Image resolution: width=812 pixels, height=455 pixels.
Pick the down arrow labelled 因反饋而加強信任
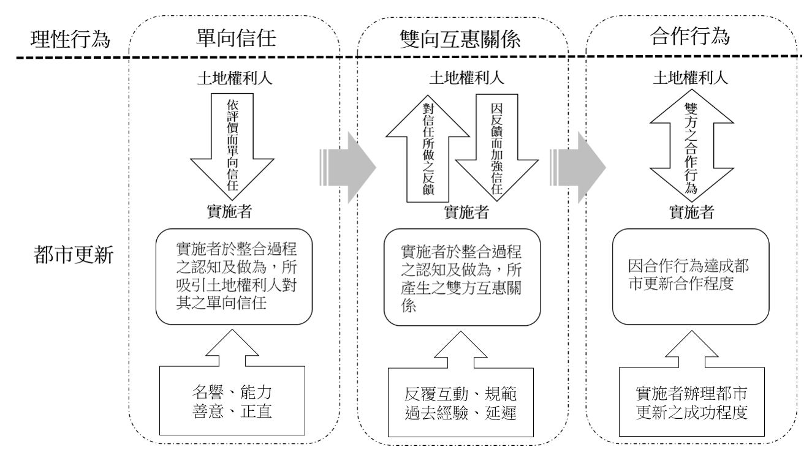497,147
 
